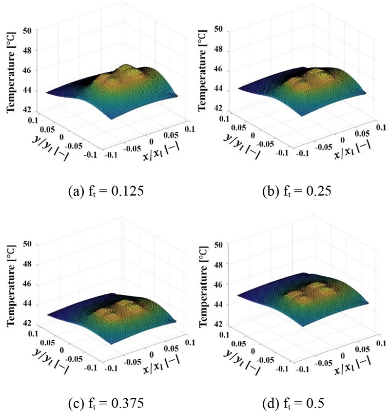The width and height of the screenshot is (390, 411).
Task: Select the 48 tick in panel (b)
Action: (x=218, y=49)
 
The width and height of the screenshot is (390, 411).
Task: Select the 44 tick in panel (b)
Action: (x=218, y=89)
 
